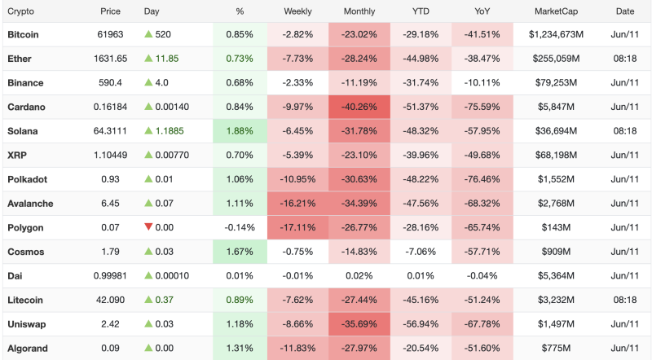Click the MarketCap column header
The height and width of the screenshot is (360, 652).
point(556,11)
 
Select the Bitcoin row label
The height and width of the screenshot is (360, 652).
point(23,34)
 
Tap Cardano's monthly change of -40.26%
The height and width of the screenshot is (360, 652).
point(359,107)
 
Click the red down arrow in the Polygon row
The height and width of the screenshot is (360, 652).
point(148,226)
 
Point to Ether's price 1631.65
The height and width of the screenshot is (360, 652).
point(110,59)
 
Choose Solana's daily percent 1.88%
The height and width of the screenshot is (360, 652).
point(240,131)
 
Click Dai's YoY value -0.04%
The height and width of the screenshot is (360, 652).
point(482,275)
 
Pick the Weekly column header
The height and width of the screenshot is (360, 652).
point(297,11)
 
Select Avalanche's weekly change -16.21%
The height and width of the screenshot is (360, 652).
point(297,204)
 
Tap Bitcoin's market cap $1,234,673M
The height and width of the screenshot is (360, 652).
point(556,34)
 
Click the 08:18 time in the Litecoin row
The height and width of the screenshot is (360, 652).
point(625,300)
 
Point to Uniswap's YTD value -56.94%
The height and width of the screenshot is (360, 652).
point(421,324)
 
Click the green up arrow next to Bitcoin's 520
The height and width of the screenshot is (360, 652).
point(148,34)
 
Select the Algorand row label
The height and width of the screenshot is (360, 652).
point(28,348)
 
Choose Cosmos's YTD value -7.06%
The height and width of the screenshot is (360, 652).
point(421,252)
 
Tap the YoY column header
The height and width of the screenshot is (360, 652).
point(482,11)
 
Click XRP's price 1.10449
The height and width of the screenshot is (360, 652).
point(110,155)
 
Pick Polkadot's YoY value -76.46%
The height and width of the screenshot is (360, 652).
point(482,179)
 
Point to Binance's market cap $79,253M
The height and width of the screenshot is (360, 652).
point(556,83)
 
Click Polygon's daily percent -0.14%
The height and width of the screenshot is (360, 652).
point(240,227)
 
